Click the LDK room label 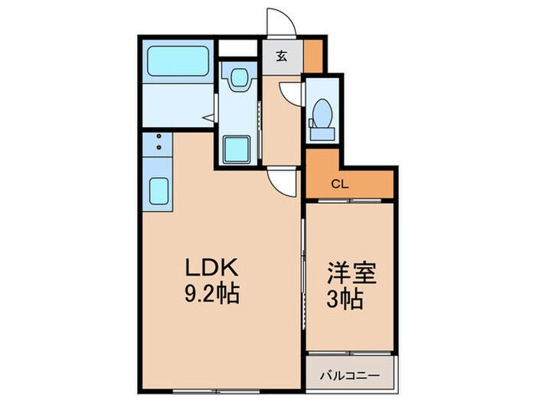click(211, 270)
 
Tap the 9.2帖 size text click(211, 293)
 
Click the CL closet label click(340, 184)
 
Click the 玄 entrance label click(282, 55)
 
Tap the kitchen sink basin click(159, 188)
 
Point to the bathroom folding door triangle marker click(207, 117)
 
